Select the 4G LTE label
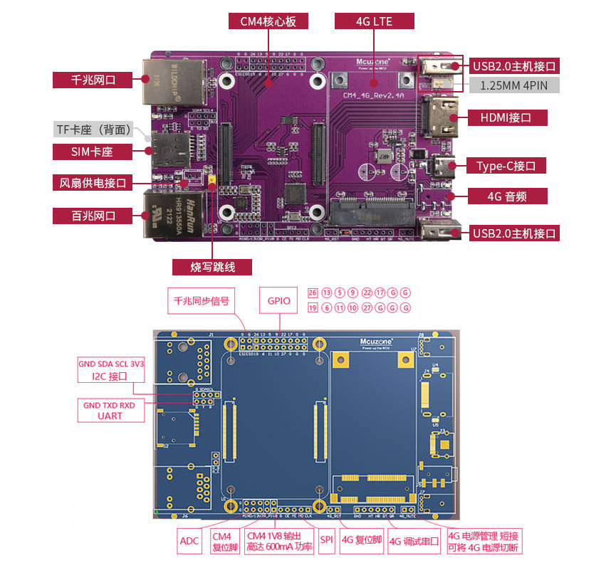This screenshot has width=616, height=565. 374,21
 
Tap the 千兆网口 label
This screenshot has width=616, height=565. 93,80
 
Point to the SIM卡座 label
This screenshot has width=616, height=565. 93,152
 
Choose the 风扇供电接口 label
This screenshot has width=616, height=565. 93,183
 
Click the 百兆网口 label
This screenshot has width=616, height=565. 93,215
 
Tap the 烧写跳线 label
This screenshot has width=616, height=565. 212,267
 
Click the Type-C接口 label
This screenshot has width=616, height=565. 506,166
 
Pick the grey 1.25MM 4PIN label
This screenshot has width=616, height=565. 513,85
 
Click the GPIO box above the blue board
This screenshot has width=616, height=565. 279,300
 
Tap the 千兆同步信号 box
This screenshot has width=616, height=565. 202,300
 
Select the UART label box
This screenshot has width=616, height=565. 110,411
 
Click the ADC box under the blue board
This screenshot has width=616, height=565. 189,541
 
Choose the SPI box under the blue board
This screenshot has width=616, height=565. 327,541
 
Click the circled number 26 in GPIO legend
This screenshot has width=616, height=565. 312,292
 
